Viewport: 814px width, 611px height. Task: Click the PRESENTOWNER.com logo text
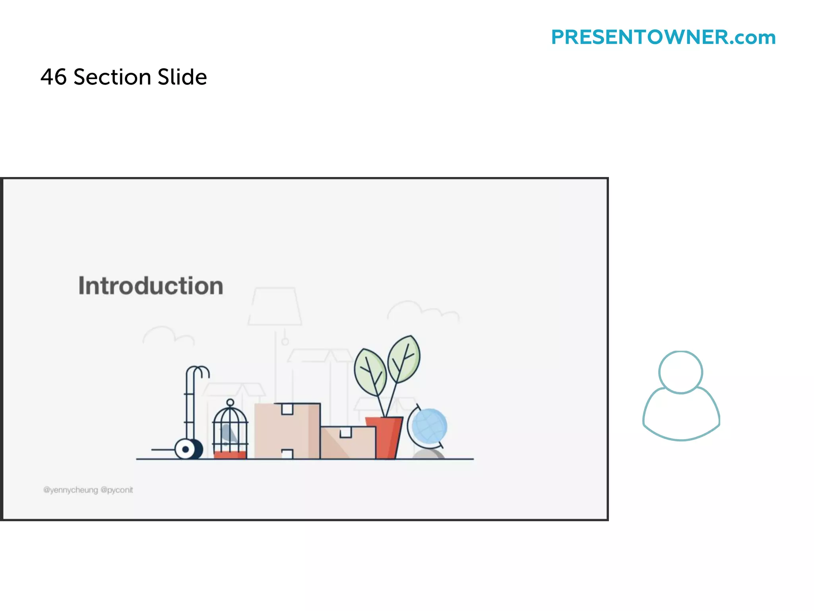coord(663,37)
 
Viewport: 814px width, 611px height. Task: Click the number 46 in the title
coord(53,77)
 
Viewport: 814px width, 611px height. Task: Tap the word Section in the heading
coord(112,77)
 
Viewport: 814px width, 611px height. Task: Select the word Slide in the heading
coord(182,77)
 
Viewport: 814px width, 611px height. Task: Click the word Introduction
coord(151,286)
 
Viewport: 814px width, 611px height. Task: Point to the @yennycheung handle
coord(70,490)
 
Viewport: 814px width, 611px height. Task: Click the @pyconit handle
coord(117,490)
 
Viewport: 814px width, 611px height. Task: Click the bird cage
coord(230,430)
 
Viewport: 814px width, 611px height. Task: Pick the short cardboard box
coord(348,442)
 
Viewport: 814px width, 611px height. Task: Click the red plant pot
coord(384,437)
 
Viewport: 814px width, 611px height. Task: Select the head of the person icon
coord(681,372)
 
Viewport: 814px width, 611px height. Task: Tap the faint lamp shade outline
coord(275,306)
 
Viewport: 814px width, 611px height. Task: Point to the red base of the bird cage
coord(230,455)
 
